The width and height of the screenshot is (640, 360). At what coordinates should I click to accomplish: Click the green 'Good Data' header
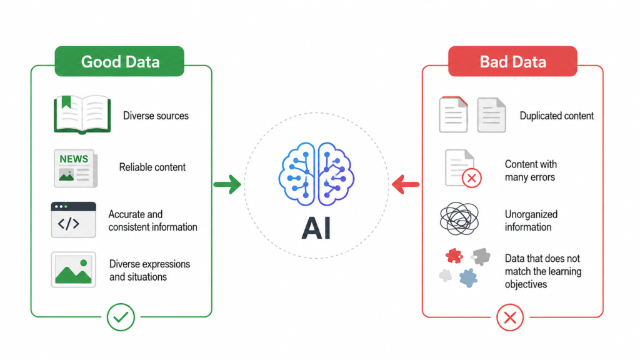(119, 61)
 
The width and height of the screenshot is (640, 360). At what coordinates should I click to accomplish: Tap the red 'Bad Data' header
(512, 61)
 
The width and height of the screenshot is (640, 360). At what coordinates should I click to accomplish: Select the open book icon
(82, 114)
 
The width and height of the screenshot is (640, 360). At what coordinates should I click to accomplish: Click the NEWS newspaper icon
(76, 168)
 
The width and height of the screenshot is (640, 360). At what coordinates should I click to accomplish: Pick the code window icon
(74, 219)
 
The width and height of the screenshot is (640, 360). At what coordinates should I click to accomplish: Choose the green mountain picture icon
(74, 269)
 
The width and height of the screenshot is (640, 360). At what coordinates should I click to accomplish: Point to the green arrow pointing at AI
(227, 184)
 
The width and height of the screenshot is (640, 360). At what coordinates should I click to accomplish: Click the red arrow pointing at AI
(405, 184)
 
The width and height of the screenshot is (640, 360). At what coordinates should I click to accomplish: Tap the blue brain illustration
(316, 174)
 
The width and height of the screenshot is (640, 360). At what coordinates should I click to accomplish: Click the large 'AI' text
(316, 229)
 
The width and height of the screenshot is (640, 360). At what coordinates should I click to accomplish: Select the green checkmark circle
(121, 317)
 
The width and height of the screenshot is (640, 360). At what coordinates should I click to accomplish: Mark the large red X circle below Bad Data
(510, 317)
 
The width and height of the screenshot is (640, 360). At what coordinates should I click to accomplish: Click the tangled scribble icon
(459, 219)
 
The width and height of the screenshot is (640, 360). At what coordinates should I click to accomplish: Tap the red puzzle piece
(454, 256)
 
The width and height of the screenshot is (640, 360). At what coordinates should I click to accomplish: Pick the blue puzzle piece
(468, 277)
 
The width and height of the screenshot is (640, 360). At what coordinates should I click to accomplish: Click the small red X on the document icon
(471, 178)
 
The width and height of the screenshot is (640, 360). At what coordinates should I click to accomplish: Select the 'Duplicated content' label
(556, 116)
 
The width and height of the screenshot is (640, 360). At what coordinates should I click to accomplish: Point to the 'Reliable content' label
(152, 167)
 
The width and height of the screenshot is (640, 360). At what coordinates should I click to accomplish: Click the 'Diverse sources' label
(156, 116)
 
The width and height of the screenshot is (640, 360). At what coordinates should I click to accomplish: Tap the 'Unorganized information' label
(531, 221)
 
